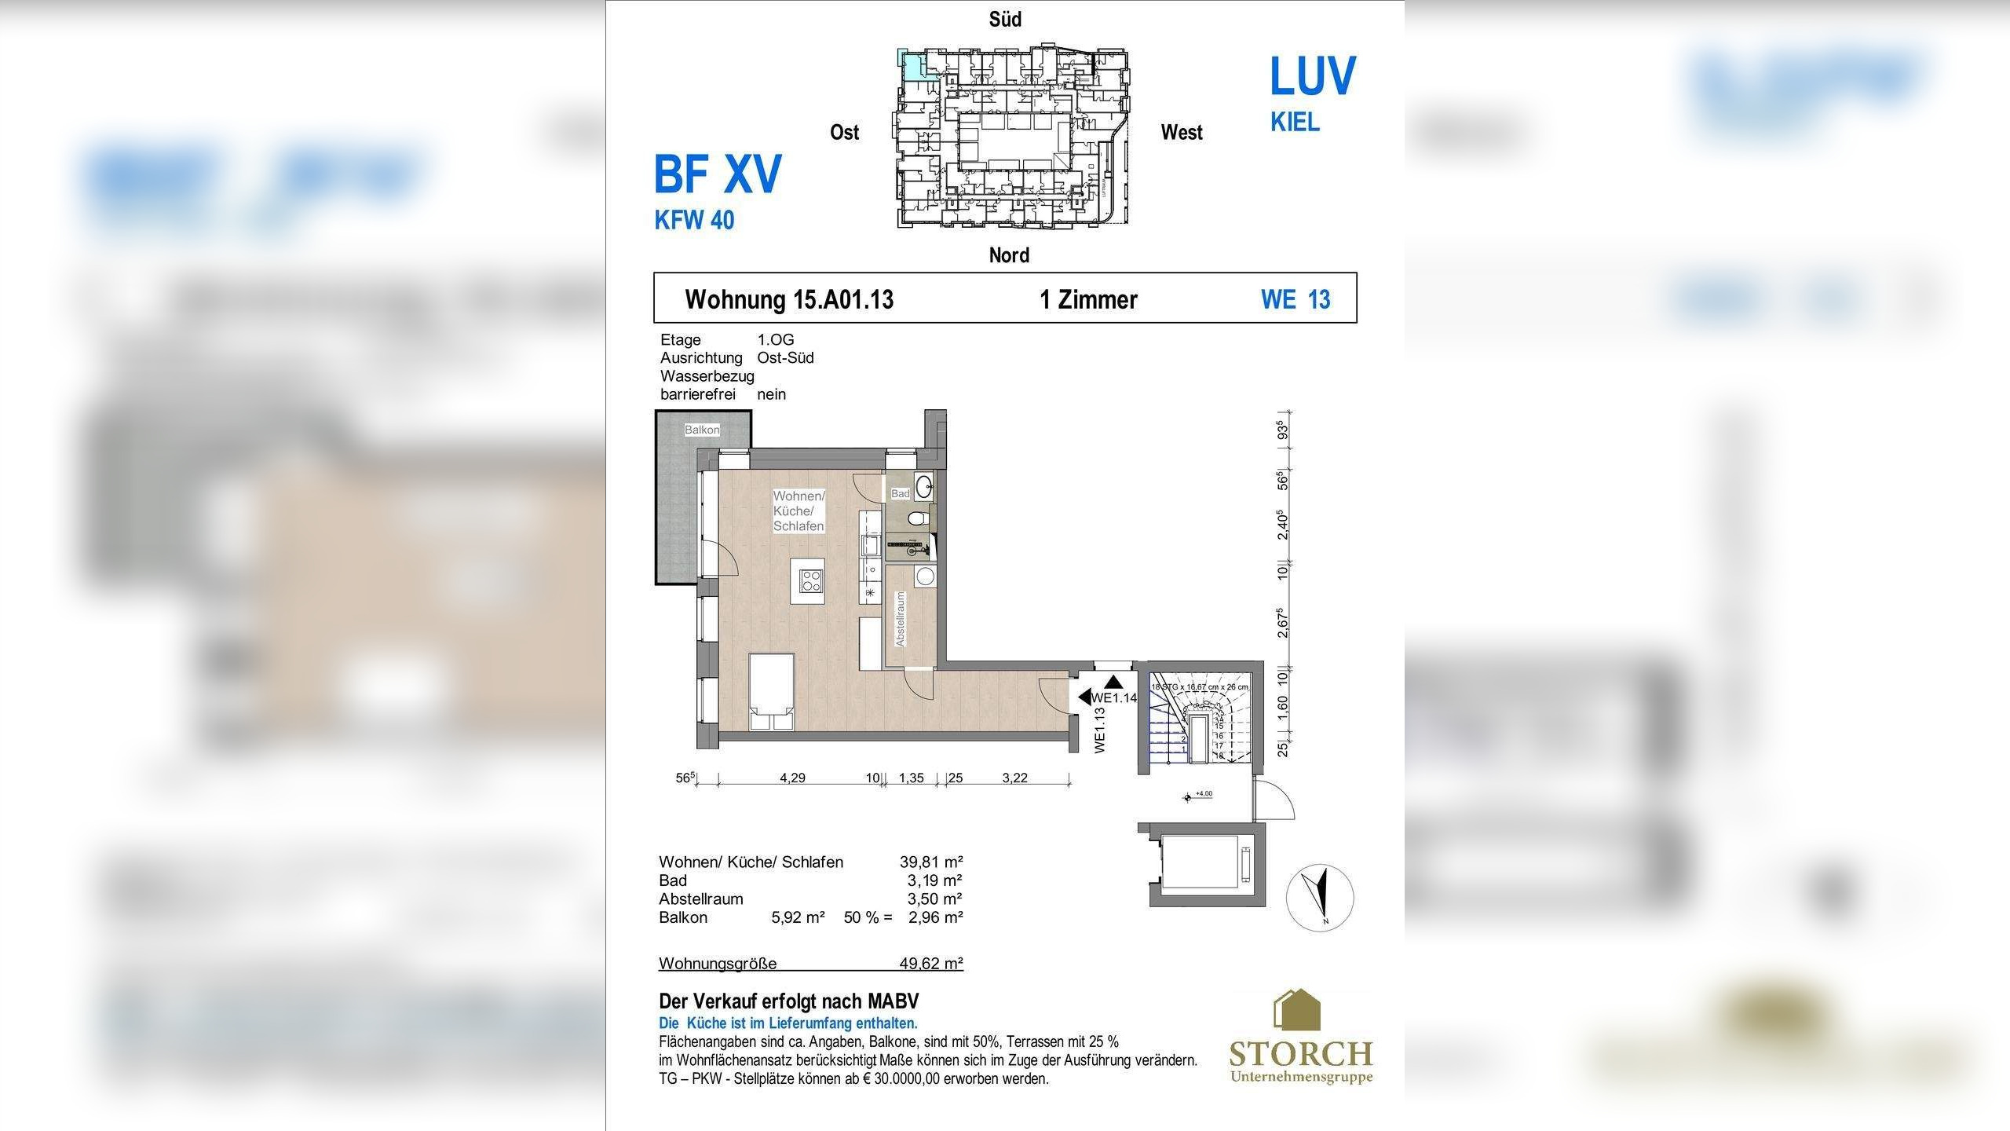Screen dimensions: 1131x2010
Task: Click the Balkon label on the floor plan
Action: point(701,430)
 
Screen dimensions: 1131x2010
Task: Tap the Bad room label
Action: point(900,493)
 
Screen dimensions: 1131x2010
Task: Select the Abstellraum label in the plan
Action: point(901,620)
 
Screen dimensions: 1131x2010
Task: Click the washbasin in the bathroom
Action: point(923,484)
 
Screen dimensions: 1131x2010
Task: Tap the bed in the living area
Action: point(221,691)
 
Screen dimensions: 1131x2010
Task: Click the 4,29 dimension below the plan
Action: point(792,778)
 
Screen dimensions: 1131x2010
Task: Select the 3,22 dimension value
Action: point(1014,778)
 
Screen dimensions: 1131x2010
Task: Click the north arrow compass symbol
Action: point(1320,897)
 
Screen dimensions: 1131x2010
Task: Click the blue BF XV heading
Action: point(718,174)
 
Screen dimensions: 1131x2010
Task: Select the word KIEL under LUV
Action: point(1295,123)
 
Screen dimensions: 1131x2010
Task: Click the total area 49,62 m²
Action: point(931,963)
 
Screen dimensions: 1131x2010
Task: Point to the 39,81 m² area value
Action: point(931,862)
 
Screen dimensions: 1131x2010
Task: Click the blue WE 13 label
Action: point(1296,299)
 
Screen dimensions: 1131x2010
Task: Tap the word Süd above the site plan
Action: point(1005,19)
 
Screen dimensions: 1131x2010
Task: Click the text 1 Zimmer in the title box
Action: point(1088,299)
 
